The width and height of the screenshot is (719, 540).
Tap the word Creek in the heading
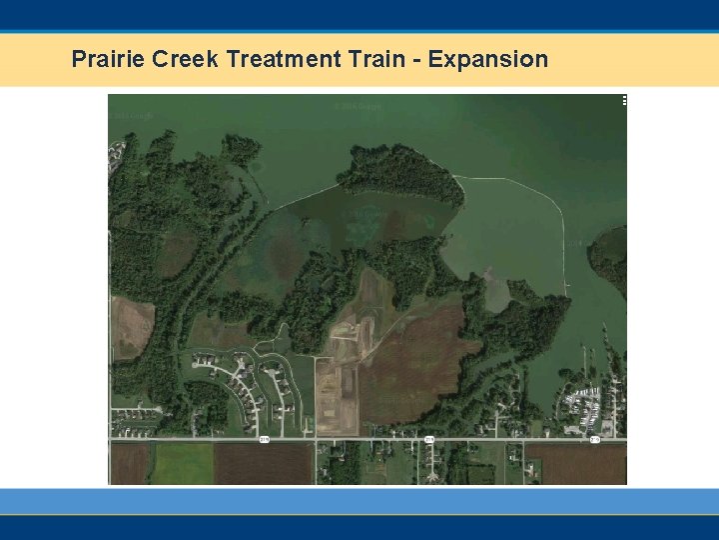pos(186,59)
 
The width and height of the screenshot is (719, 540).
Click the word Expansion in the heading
pos(488,59)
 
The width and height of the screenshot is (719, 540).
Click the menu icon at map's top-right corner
pos(624,100)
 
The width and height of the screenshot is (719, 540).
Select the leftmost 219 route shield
pos(266,438)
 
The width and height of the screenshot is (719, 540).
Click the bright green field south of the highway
pos(182,463)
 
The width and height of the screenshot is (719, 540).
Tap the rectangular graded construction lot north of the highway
pos(336,395)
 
